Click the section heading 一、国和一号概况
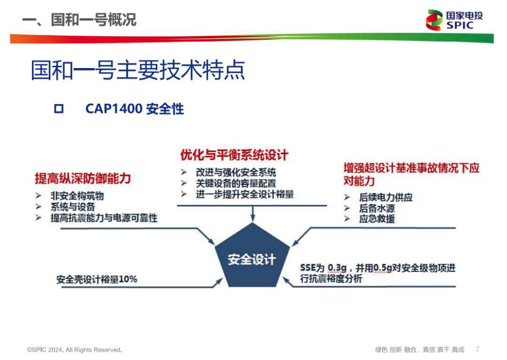[79, 20]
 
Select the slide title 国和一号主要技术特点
[138, 71]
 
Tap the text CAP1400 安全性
[135, 109]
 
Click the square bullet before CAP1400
[59, 109]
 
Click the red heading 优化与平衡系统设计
[234, 155]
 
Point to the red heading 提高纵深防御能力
[83, 178]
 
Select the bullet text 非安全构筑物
[77, 196]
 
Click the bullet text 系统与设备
[73, 207]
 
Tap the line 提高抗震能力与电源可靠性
[104, 218]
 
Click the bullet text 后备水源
[376, 208]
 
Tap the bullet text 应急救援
[376, 219]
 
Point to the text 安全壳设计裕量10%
[97, 279]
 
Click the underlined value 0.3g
[337, 268]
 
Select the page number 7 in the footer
[477, 349]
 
